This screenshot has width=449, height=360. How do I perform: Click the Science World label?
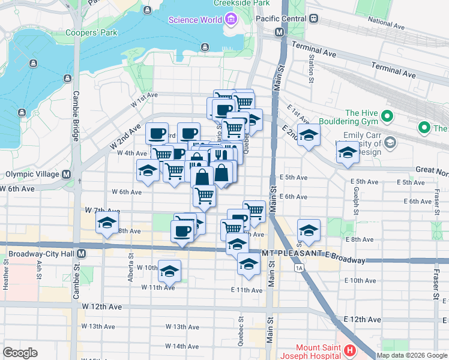(194, 20)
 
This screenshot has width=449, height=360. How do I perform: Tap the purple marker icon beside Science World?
(231, 20)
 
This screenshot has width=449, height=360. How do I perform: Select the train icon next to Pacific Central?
(313, 19)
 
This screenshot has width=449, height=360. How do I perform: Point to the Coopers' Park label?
(91, 32)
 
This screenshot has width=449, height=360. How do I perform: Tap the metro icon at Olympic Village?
(66, 175)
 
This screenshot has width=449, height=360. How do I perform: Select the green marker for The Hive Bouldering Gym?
(388, 116)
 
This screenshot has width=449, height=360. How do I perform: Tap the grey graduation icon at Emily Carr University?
(391, 142)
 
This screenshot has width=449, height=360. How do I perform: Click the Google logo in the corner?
(20, 353)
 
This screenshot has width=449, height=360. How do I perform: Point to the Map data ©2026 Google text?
(412, 355)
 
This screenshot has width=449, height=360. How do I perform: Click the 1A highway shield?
(299, 269)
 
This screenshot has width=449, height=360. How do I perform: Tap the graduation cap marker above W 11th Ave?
(169, 271)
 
